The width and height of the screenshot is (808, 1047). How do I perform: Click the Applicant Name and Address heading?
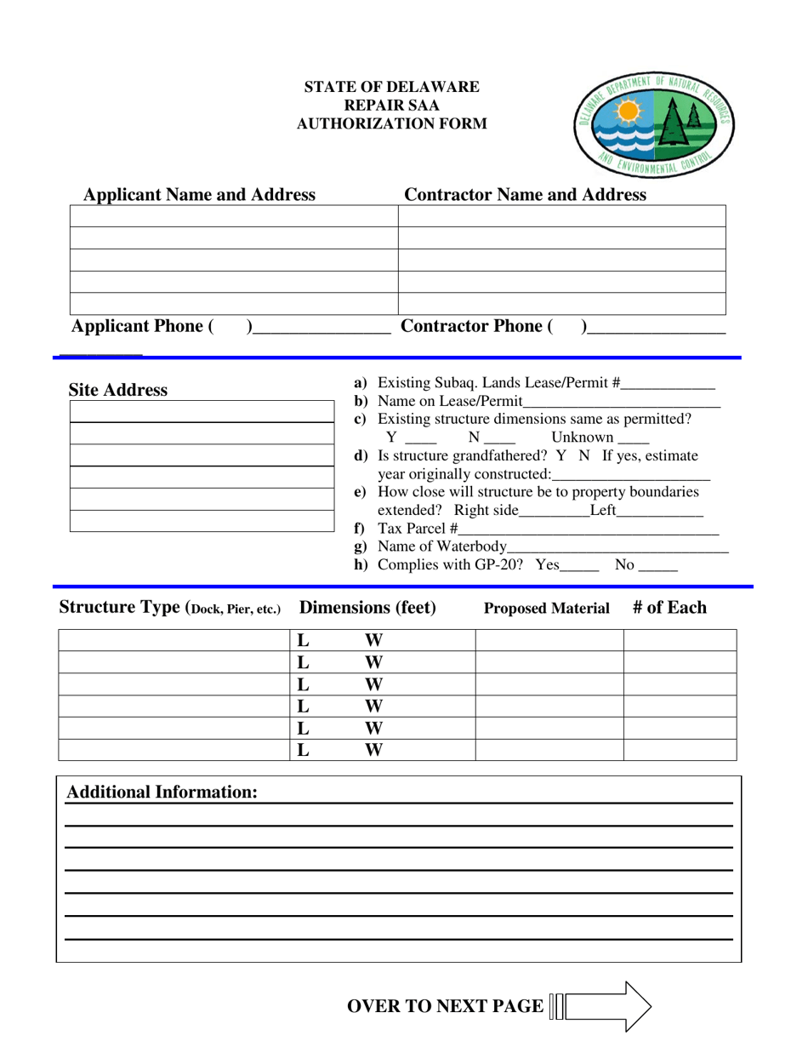click(x=199, y=195)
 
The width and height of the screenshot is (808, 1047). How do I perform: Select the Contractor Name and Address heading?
click(x=525, y=195)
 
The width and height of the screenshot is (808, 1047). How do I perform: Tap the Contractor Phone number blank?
click(x=656, y=327)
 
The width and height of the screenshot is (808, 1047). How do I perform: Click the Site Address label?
click(x=118, y=391)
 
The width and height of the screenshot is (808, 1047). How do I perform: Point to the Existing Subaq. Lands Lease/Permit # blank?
click(x=668, y=385)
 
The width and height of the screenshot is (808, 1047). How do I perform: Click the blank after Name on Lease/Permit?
click(x=622, y=402)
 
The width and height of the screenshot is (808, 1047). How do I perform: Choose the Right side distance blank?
click(x=553, y=512)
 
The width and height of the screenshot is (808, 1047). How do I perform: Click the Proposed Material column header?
click(x=547, y=609)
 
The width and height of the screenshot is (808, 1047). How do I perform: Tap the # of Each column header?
click(x=669, y=608)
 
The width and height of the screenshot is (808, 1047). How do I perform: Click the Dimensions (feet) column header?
click(x=368, y=608)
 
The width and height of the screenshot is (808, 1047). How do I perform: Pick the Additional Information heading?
click(x=162, y=792)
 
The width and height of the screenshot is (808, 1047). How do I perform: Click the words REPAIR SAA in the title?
click(x=391, y=105)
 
